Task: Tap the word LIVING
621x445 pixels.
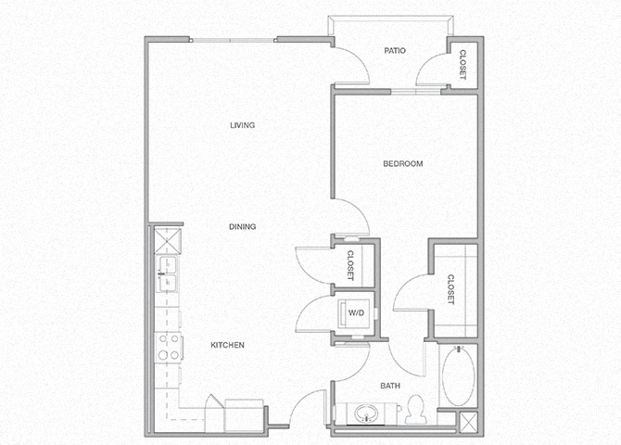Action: tap(243, 125)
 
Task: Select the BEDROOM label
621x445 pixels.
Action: tap(403, 164)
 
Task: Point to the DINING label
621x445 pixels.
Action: tap(243, 226)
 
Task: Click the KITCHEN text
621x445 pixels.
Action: tap(227, 345)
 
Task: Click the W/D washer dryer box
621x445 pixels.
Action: tap(354, 312)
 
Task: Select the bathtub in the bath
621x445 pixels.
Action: tap(457, 376)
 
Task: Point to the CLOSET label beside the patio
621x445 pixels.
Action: tap(463, 64)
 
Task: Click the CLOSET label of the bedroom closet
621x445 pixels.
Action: tap(450, 289)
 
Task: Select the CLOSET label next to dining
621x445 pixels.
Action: tap(350, 264)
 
